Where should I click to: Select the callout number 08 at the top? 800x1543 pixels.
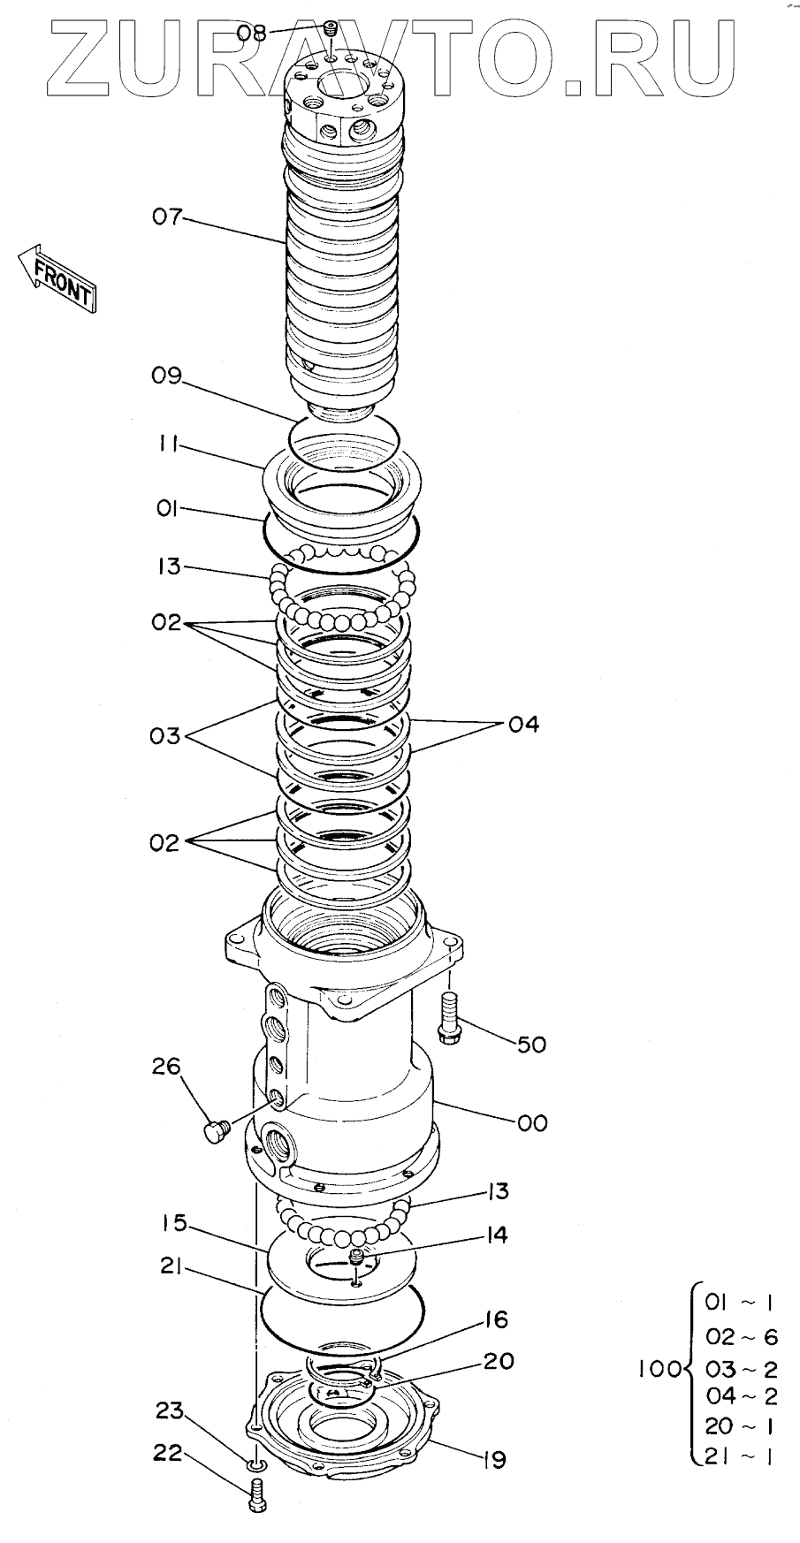251,34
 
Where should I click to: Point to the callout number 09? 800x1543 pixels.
165,376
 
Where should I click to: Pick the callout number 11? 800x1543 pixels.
167,446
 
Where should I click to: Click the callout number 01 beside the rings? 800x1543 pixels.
167,509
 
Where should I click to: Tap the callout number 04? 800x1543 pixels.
523,725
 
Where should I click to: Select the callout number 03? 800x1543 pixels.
164,735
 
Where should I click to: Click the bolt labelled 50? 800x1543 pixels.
447,1017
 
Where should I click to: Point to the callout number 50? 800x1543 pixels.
531,1045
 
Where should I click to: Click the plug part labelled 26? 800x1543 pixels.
215,1131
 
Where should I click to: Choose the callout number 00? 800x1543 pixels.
532,1122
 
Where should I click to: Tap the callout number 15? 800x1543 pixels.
174,1224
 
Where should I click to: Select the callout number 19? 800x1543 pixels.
493,1460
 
